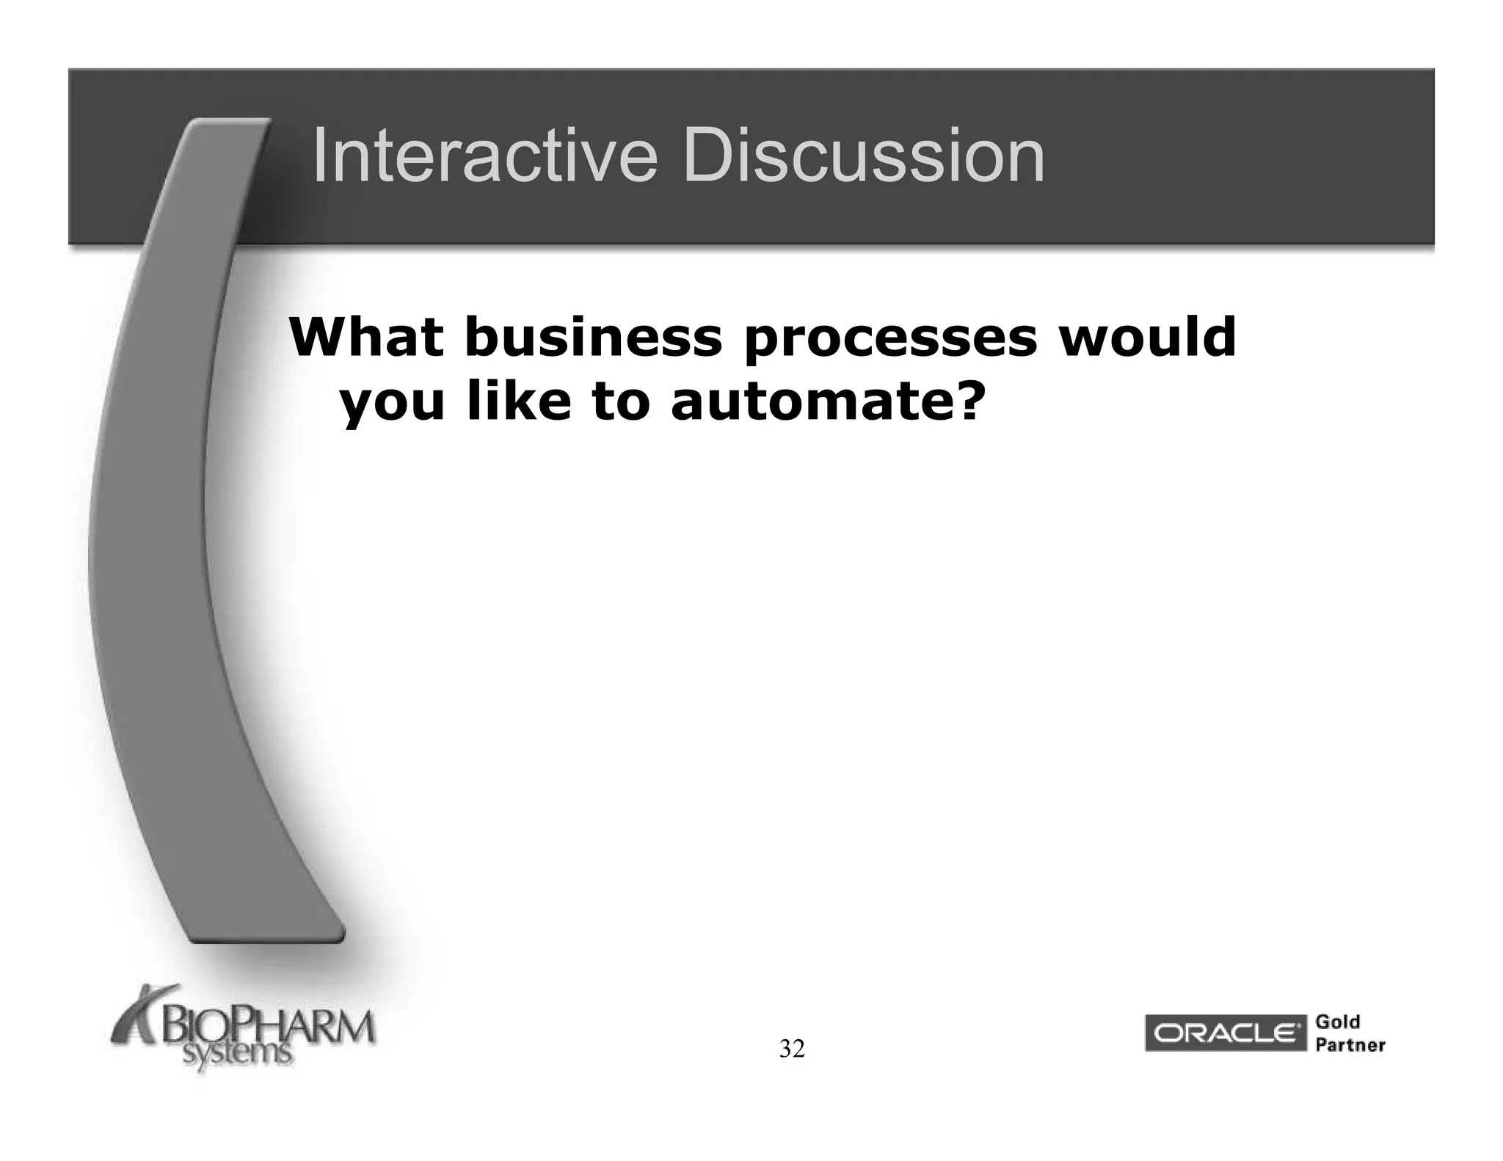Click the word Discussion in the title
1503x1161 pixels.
point(864,156)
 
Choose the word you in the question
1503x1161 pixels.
point(393,404)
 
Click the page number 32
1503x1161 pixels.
point(792,1049)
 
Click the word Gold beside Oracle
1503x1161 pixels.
point(1338,1022)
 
